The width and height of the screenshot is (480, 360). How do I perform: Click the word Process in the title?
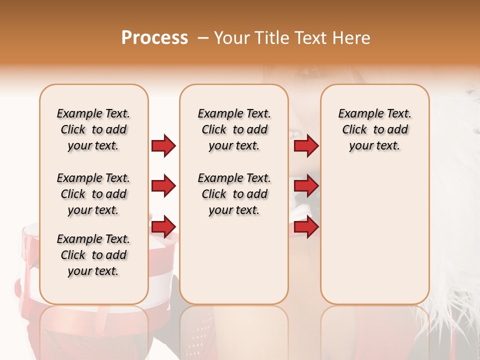tap(154, 38)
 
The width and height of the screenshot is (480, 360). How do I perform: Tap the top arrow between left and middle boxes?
tap(163, 145)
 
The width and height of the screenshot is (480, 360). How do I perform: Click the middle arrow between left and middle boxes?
tap(163, 186)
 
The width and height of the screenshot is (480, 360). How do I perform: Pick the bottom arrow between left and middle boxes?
tap(163, 226)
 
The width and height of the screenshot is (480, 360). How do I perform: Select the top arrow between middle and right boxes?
tap(306, 145)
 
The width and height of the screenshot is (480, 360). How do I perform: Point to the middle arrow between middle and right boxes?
tap(306, 186)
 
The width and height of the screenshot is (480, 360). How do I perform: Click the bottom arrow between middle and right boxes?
tap(306, 226)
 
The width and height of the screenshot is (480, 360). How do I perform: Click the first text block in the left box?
tap(93, 129)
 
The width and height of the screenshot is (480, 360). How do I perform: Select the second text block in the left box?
tap(93, 194)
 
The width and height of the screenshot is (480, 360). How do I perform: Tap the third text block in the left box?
tap(93, 255)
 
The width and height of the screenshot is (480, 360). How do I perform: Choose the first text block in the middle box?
tap(234, 129)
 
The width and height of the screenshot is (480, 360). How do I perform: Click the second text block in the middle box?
tap(234, 194)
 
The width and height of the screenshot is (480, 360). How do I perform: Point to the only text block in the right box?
tap(374, 129)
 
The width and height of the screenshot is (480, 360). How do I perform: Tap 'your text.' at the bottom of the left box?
tap(93, 271)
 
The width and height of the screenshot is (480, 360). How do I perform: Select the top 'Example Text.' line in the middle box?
tap(234, 113)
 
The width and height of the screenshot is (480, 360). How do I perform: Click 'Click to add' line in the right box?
tap(374, 129)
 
